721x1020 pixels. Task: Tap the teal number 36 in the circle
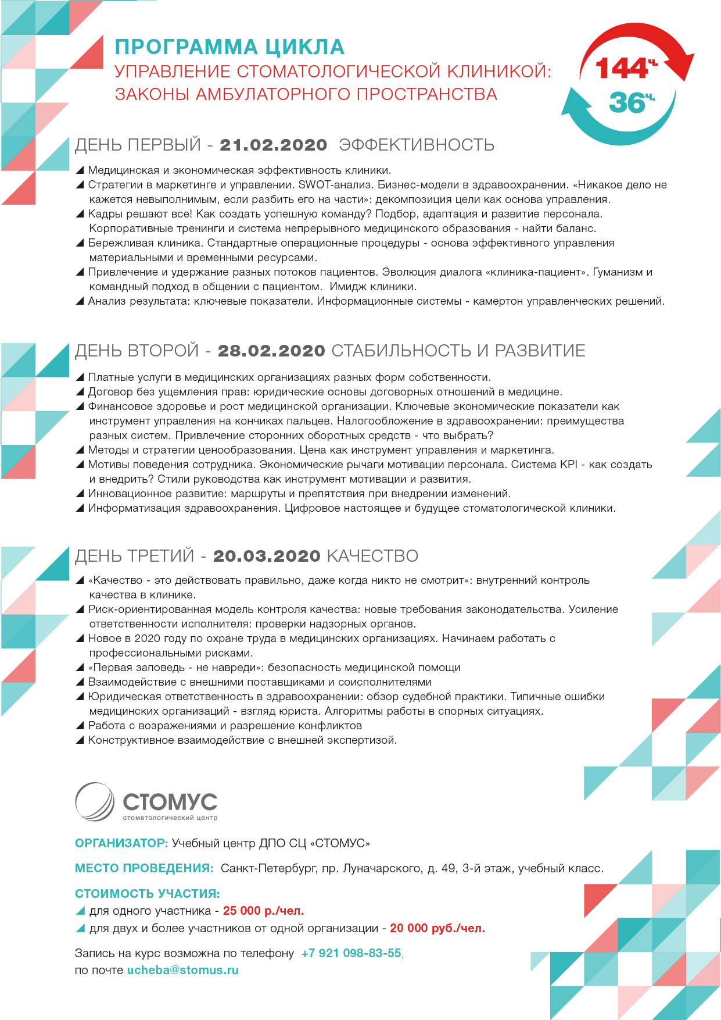[x=627, y=103]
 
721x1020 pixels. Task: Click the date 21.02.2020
[x=273, y=145]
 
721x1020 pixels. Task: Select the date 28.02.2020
[x=271, y=351]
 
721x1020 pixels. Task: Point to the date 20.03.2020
[x=267, y=556]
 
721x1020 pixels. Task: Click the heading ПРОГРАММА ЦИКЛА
[x=229, y=47]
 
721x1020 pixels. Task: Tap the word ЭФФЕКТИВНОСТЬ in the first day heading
[x=416, y=145]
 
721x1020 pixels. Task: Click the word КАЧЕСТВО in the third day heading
[x=372, y=556]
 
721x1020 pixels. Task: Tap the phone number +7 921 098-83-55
[x=351, y=953]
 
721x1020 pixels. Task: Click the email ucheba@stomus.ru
[x=182, y=970]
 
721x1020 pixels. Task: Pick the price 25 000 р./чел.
[x=263, y=911]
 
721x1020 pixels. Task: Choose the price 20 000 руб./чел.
[x=437, y=928]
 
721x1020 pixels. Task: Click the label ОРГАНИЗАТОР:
[x=121, y=843]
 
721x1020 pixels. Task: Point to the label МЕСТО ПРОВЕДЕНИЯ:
[x=144, y=868]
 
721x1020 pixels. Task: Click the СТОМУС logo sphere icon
[x=95, y=802]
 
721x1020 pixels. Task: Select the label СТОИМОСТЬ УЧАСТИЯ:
[x=147, y=894]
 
